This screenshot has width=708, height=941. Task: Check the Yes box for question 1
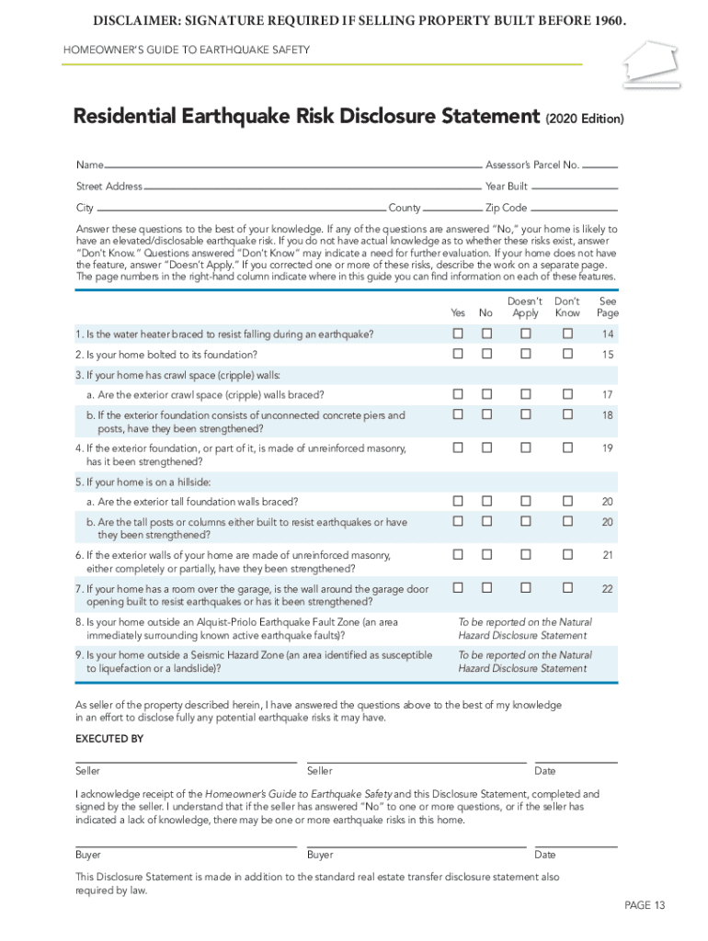tap(457, 334)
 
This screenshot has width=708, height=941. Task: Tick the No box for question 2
tap(486, 354)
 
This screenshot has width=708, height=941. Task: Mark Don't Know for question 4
tap(567, 448)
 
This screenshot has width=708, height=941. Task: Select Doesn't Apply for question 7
tap(525, 587)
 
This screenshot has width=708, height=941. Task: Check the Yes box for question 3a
tap(457, 394)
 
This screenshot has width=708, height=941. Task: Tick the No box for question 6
tap(486, 555)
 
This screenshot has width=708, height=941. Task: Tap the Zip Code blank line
tap(575, 210)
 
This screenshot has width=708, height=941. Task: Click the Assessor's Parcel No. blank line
tap(600, 167)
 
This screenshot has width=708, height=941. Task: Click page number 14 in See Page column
tap(608, 334)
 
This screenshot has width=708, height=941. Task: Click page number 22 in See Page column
tap(608, 588)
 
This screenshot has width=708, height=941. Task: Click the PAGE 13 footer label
tap(645, 906)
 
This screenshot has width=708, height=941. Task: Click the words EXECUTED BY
tap(108, 739)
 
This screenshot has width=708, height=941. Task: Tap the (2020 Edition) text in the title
tap(585, 119)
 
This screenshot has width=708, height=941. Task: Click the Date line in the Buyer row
tap(576, 845)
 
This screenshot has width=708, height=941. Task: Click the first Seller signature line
tap(186, 762)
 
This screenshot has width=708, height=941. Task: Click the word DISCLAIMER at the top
tap(134, 21)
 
